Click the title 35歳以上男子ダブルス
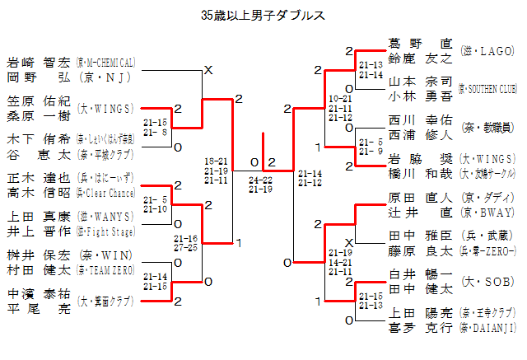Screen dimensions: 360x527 pyautogui.click(x=263, y=15)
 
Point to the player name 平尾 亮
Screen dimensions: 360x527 pyautogui.click(x=39, y=307)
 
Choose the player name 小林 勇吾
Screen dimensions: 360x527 pyautogui.click(x=420, y=95)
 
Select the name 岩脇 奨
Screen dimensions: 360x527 pyautogui.click(x=420, y=159)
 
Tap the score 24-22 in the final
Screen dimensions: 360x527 pyautogui.click(x=261, y=179)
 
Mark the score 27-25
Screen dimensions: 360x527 pyautogui.click(x=187, y=246)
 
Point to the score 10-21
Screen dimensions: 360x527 pyautogui.click(x=340, y=99)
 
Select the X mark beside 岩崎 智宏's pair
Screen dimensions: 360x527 pyautogui.click(x=208, y=70)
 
